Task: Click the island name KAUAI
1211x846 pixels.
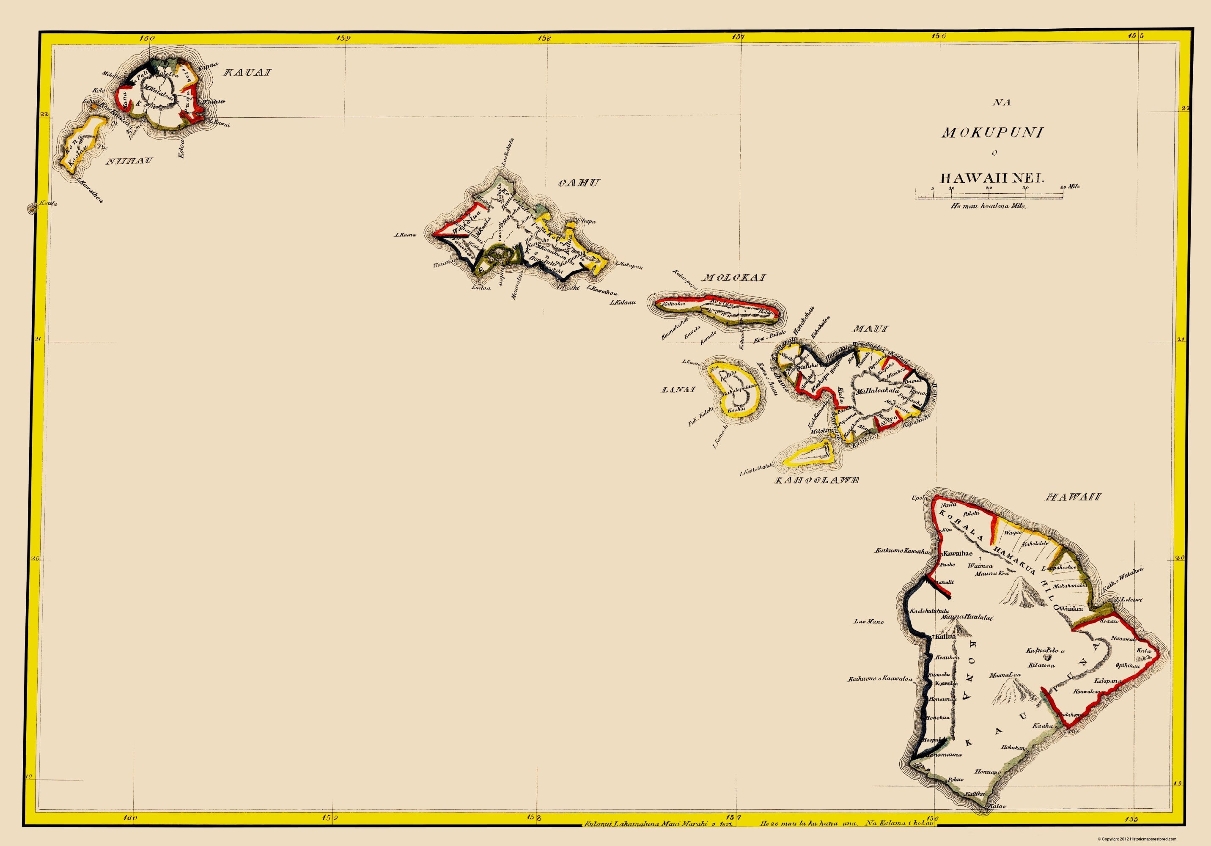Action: (247, 72)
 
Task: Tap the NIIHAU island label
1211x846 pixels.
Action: (129, 161)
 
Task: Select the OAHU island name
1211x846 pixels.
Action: (579, 183)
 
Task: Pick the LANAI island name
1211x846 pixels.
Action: (678, 390)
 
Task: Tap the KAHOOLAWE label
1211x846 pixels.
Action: (816, 480)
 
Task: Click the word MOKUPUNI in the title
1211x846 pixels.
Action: (993, 132)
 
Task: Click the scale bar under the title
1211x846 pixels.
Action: (989, 196)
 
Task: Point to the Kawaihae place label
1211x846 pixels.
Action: (957, 553)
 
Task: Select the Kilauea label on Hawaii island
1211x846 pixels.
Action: (1042, 665)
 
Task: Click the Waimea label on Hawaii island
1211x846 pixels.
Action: (980, 566)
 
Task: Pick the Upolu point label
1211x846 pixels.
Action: (919, 497)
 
